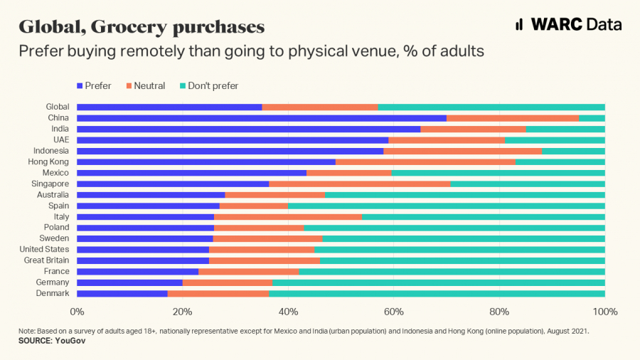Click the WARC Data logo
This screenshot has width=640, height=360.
(x=568, y=24)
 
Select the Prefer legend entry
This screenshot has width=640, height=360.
(x=95, y=86)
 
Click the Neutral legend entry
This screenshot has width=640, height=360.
(x=146, y=86)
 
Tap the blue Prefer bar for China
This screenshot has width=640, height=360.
(x=262, y=118)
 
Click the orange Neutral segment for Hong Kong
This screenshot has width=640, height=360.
(x=425, y=162)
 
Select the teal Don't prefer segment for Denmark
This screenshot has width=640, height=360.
(x=437, y=293)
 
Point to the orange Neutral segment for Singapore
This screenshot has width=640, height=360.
(x=359, y=184)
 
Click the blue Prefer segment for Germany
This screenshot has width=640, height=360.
(x=129, y=282)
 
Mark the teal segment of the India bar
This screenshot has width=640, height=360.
(x=565, y=129)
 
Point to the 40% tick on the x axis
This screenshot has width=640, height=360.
(x=288, y=312)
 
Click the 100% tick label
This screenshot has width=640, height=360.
(x=604, y=312)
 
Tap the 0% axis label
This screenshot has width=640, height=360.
(x=77, y=312)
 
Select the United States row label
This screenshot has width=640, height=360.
(x=45, y=250)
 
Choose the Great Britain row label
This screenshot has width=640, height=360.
(x=47, y=260)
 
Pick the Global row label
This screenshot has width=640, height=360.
(x=58, y=107)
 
